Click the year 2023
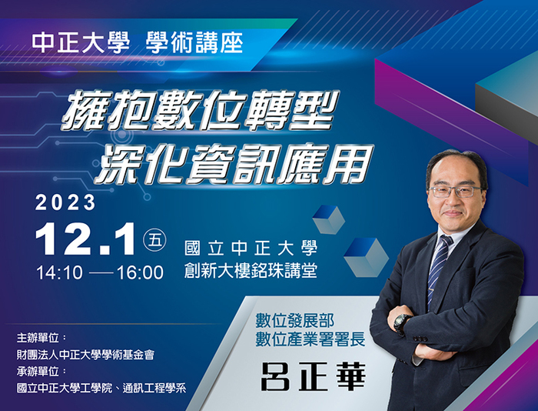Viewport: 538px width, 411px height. pos(65,202)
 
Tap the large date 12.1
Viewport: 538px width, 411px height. pos(85,239)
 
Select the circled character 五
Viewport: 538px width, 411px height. pos(154,239)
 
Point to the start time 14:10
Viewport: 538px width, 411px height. pos(59,272)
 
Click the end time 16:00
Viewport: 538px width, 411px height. pos(140,272)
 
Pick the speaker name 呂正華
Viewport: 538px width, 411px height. pos(314,376)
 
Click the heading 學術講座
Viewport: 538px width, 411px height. pos(194,43)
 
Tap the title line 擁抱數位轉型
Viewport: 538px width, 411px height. pos(200,109)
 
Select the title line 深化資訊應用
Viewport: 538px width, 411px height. pos(234,164)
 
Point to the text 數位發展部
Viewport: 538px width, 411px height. pos(294,321)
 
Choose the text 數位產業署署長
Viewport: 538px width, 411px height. pos(311,339)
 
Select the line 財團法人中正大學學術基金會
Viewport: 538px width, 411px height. pos(85,354)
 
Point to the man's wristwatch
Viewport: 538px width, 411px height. pos(400,323)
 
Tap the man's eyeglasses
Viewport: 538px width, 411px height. pos(455,191)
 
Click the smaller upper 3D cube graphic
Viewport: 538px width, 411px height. pos(329,219)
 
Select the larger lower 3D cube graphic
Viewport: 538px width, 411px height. pos(366,257)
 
